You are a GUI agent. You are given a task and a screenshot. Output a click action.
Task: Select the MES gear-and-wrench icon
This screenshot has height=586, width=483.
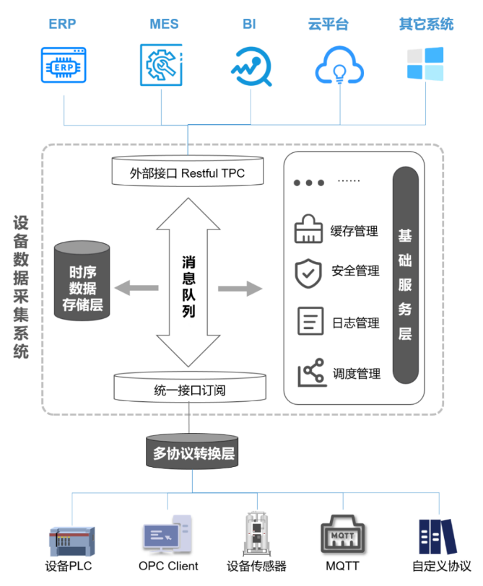click(x=160, y=64)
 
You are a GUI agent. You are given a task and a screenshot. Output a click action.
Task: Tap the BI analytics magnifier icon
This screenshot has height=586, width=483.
click(x=251, y=66)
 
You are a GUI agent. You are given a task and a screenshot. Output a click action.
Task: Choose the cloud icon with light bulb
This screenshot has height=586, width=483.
click(x=339, y=66)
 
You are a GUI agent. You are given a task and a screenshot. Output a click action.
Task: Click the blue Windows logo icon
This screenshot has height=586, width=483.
click(x=425, y=64)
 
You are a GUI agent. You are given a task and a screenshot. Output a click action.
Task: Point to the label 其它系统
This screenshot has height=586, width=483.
click(x=426, y=25)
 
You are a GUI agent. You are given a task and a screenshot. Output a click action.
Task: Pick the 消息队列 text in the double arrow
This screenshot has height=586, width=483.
click(x=188, y=287)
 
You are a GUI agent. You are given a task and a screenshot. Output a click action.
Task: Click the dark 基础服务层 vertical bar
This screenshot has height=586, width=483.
click(x=405, y=275)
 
